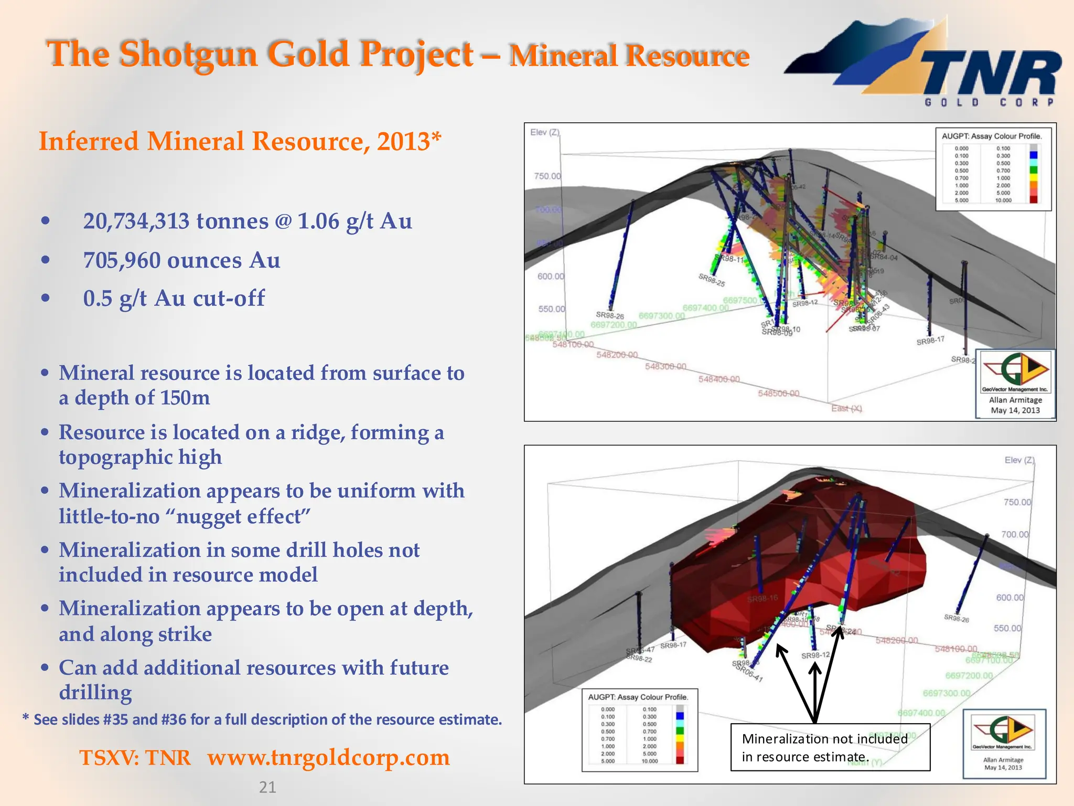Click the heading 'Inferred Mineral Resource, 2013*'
click(240, 142)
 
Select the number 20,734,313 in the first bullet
click(136, 221)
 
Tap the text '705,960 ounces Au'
click(181, 261)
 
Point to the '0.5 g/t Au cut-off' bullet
click(174, 299)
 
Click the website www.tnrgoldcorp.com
click(328, 758)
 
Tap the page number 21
click(267, 787)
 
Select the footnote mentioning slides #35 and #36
click(262, 719)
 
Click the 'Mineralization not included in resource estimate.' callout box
click(830, 747)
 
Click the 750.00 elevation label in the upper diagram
click(547, 176)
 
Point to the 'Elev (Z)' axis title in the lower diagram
click(1019, 460)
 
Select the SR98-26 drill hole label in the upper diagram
click(610, 315)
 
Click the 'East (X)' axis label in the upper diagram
click(846, 408)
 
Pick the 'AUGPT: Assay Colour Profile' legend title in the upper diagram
click(992, 136)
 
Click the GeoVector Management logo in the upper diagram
click(1015, 372)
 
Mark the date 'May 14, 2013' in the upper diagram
click(1015, 410)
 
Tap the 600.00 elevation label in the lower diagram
click(1009, 598)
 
